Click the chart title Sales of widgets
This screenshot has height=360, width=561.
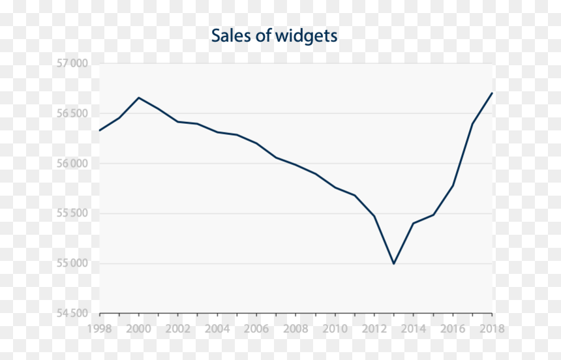coord(274,36)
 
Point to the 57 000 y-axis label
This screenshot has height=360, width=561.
coord(72,63)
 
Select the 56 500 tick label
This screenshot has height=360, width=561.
coord(72,113)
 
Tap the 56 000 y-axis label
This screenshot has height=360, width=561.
coord(72,164)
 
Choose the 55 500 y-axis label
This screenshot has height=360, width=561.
coord(72,213)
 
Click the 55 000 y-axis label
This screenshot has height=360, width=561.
coord(72,263)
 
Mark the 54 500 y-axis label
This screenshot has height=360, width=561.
coord(72,314)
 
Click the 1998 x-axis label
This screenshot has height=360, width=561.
coord(99,329)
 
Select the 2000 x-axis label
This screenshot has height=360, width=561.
coord(138,329)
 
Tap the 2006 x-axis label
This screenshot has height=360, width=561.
coord(256,329)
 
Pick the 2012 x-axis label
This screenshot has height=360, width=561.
coord(374,329)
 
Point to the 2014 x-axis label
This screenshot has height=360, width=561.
coord(413,329)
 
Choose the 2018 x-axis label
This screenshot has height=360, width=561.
coord(492,329)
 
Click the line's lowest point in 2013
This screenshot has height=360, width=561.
coord(394,263)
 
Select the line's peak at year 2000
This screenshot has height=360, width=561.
coord(139,97)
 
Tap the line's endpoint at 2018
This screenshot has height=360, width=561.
coord(492,93)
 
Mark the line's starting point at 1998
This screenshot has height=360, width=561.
coord(99,130)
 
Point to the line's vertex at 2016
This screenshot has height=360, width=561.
coord(453,186)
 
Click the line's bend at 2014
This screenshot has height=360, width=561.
coord(413,223)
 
